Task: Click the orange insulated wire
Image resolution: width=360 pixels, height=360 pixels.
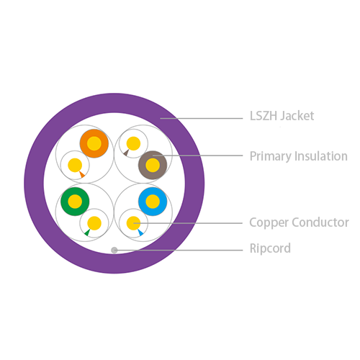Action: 94,143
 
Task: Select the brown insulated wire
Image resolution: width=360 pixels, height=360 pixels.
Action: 153,165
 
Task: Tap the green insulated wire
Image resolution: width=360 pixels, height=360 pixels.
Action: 75,202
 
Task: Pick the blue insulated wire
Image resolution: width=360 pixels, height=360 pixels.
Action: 153,202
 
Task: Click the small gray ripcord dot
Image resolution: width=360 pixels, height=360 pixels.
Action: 114,251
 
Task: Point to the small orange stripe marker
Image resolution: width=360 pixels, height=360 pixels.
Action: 82,174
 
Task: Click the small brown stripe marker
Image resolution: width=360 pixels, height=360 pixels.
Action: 126,153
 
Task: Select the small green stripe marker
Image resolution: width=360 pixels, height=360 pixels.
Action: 87,233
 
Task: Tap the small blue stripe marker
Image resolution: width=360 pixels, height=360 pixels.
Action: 140,233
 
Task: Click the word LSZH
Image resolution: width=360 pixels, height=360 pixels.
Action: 264,116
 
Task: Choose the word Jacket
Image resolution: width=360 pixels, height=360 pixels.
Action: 297,116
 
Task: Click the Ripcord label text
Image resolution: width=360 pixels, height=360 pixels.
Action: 270,248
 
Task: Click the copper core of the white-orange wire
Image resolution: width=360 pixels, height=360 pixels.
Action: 75,165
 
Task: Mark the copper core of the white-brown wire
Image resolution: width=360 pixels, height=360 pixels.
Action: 133,143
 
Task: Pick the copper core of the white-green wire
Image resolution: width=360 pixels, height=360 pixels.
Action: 94,223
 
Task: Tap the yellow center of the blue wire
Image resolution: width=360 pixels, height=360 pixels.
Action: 153,202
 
